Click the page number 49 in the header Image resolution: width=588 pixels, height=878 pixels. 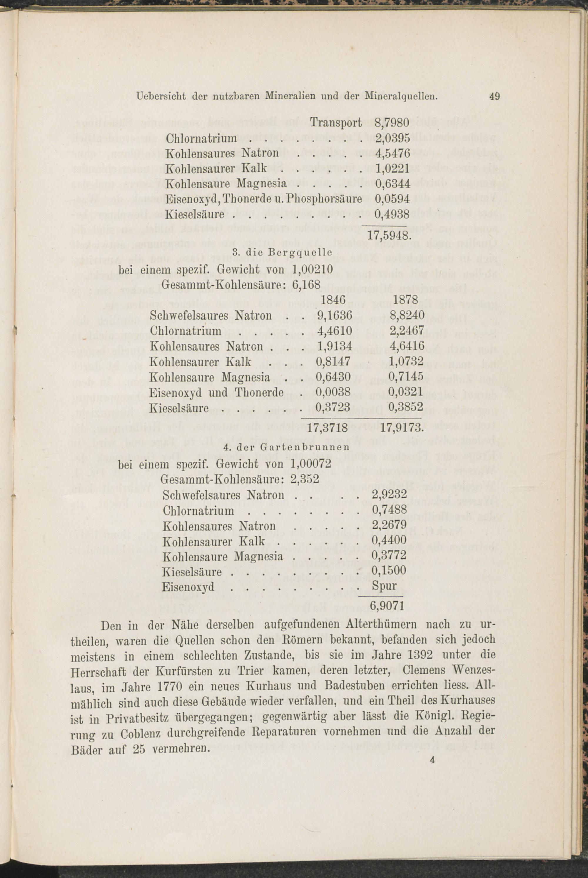point(495,96)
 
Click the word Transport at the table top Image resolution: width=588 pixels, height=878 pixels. point(336,123)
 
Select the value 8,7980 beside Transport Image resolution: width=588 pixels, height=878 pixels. point(392,123)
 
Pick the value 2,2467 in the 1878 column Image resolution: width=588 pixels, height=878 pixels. point(407,330)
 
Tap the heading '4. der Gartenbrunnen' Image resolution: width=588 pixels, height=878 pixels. point(286,448)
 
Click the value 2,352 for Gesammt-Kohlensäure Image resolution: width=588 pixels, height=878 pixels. point(305,479)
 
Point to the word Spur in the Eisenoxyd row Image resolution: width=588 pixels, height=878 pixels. point(384,586)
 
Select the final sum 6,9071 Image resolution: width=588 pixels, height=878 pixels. point(387,606)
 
